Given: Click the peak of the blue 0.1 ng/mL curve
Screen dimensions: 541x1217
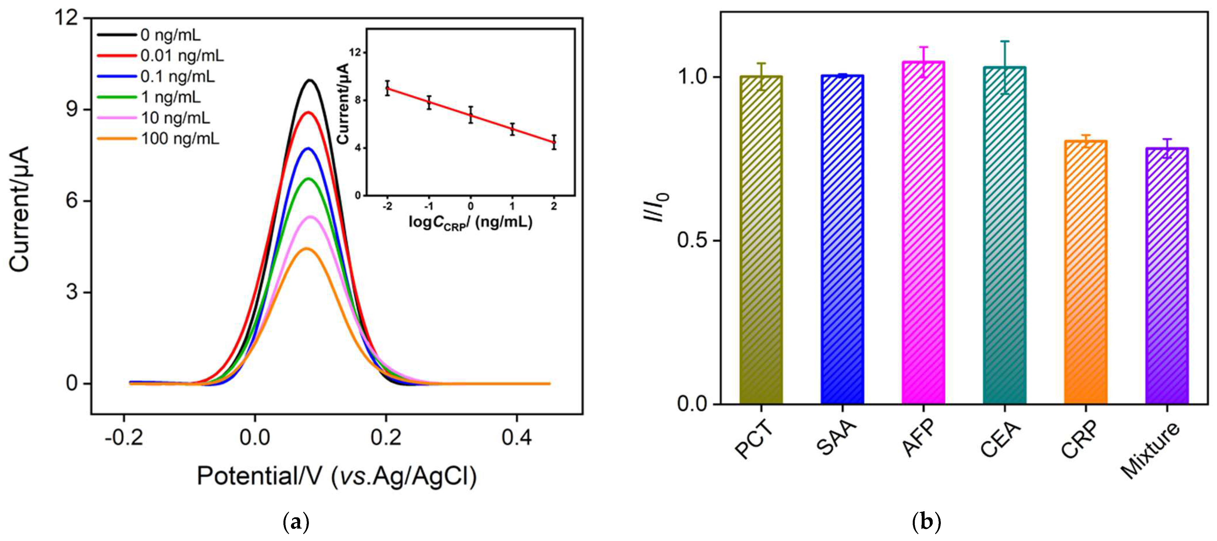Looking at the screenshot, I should (x=309, y=148).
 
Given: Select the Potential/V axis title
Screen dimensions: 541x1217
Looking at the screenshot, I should (x=336, y=476).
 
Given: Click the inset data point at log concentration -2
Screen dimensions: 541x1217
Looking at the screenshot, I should (x=388, y=88).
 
